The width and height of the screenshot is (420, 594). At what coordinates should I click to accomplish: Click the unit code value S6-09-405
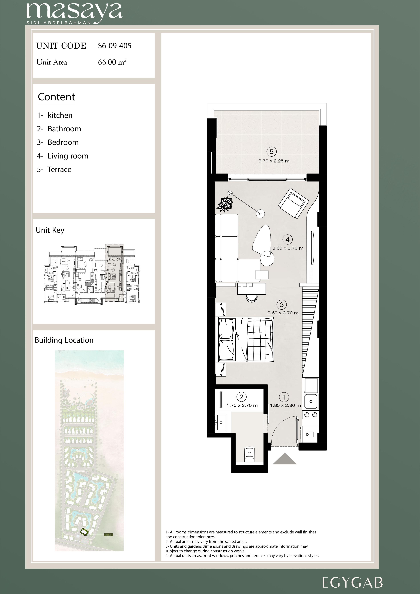pyautogui.click(x=115, y=46)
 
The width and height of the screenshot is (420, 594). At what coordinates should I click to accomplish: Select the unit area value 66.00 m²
pyautogui.click(x=112, y=62)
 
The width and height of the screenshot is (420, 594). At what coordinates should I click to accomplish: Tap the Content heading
pyautogui.click(x=56, y=97)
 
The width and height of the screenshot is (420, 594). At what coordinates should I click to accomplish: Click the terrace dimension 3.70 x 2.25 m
pyautogui.click(x=274, y=161)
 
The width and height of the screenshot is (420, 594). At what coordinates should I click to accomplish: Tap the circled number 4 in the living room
pyautogui.click(x=287, y=240)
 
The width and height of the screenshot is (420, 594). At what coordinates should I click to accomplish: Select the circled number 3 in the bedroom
pyautogui.click(x=281, y=305)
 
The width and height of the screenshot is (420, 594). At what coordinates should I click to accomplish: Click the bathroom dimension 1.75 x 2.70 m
pyautogui.click(x=242, y=405)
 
